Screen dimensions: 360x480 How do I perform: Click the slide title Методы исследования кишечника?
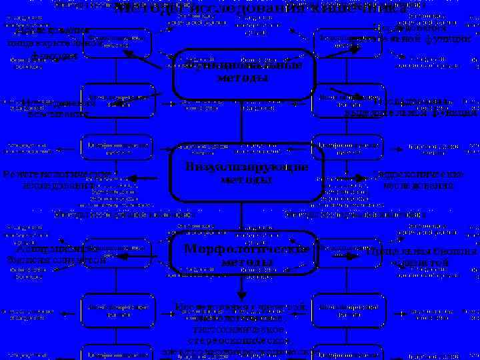click(260, 9)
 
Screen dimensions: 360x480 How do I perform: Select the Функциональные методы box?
click(243, 73)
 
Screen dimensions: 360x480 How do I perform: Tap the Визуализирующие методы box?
click(247, 173)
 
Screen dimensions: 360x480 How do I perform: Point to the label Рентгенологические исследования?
click(60, 179)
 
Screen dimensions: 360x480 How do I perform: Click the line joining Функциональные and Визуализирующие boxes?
click(241, 120)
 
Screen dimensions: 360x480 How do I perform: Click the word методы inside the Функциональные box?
click(243, 78)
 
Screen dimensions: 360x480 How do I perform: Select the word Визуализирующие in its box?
click(247, 167)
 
